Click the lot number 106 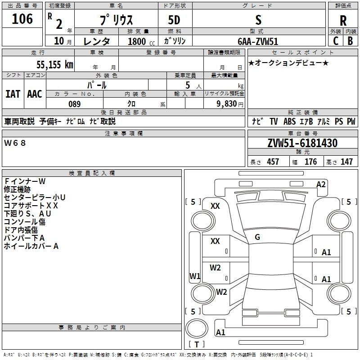[22, 19]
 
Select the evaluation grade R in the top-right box [343, 21]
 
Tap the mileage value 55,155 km [55, 64]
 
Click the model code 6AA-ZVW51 [258, 41]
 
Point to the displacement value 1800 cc [141, 41]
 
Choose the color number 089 [75, 104]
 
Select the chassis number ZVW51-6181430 [302, 143]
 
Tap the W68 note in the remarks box [15, 143]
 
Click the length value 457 [273, 162]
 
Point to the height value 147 [346, 162]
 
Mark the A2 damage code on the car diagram [321, 184]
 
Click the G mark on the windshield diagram [257, 237]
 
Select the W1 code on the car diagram [195, 276]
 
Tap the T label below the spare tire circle [197, 344]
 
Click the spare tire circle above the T [197, 328]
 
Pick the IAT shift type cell [13, 94]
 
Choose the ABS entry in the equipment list [289, 121]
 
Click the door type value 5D [174, 20]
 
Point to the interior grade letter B [350, 41]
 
